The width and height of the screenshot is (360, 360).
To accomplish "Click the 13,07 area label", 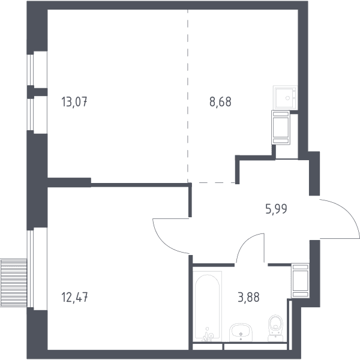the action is click(x=74, y=102).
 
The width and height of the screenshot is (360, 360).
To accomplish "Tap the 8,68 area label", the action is click(x=220, y=102).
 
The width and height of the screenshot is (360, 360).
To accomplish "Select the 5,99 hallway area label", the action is click(x=276, y=209).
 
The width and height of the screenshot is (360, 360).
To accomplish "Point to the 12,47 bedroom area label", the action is click(x=74, y=297).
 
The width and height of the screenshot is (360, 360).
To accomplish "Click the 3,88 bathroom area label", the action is click(x=248, y=297).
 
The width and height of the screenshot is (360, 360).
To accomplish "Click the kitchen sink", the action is click(x=286, y=97).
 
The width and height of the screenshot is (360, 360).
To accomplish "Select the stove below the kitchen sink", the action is click(x=281, y=127).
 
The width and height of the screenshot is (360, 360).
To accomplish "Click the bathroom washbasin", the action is click(x=241, y=332).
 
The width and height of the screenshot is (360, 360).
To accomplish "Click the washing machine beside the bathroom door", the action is click(x=301, y=281).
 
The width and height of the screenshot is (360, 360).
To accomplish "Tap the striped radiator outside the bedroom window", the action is click(x=14, y=283).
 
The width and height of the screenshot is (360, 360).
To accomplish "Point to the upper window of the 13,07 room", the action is click(x=31, y=70).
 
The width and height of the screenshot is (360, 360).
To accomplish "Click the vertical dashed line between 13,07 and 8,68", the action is click(x=188, y=96).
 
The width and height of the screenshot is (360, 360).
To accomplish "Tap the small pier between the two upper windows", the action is click(x=37, y=92).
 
